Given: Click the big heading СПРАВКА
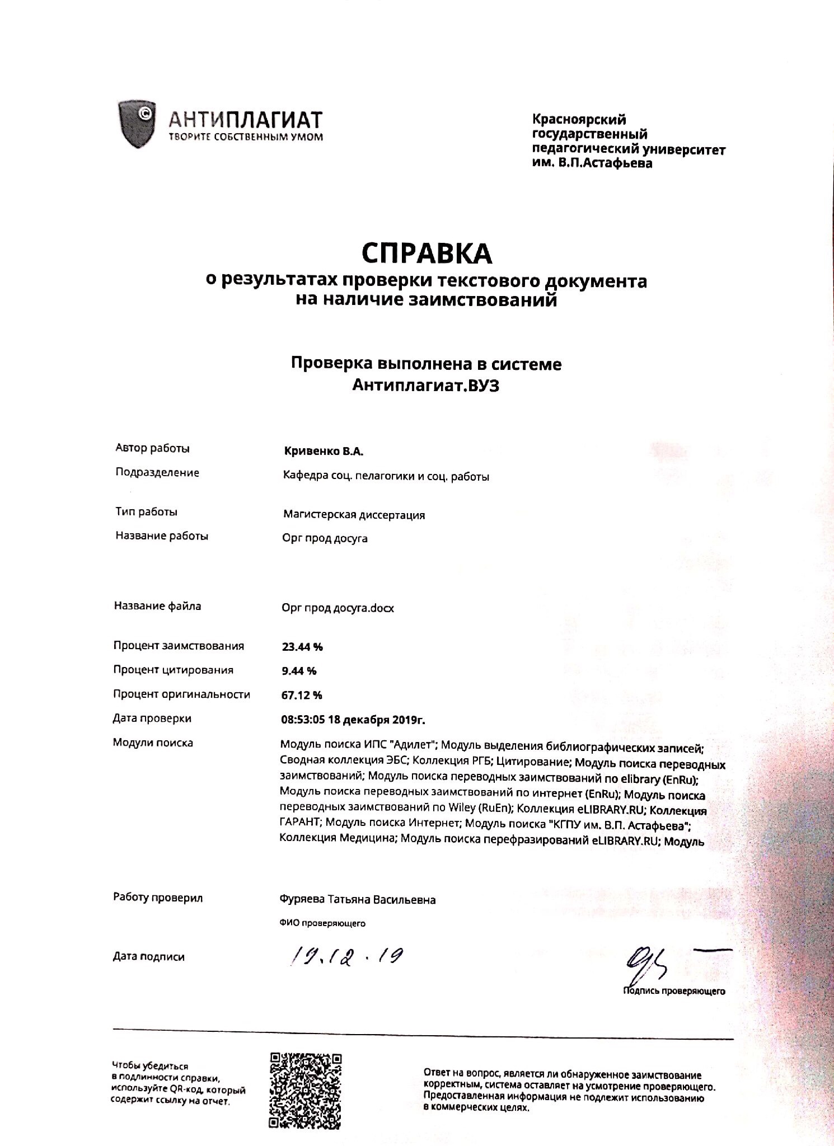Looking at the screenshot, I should (x=427, y=253).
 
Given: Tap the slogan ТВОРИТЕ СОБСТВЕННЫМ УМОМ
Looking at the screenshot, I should (x=246, y=137).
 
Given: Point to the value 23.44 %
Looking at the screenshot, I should (x=302, y=647).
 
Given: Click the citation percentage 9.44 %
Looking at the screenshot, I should (x=299, y=671).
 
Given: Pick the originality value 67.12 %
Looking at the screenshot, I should (x=302, y=696).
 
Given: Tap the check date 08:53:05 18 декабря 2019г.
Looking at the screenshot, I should (x=357, y=720).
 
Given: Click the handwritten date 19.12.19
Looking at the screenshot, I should (x=346, y=958).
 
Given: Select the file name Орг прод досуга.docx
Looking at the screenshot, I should (x=338, y=608).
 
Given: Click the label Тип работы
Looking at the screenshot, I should (x=147, y=512).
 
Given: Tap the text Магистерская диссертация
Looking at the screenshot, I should (x=354, y=515).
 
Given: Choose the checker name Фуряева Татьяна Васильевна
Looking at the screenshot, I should (x=357, y=900).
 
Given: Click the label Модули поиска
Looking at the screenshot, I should (x=153, y=743).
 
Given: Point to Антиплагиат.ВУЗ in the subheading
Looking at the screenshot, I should (x=425, y=386).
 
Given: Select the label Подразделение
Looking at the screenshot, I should (x=157, y=473).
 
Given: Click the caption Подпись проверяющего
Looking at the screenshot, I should (x=674, y=992).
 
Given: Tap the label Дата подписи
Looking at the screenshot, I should (x=149, y=957).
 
